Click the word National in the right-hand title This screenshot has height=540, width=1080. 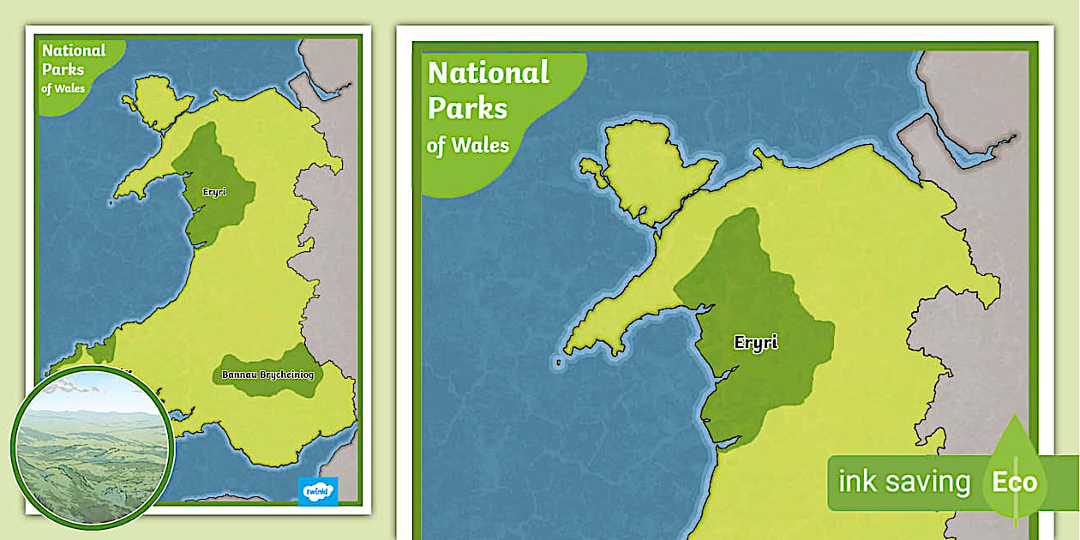click(488, 73)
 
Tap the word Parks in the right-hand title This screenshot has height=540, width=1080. click(467, 109)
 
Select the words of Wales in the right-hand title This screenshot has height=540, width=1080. click(467, 144)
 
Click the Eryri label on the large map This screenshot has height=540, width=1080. click(755, 343)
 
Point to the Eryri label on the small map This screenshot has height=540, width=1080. click(214, 192)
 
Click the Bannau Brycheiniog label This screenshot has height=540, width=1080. click(267, 375)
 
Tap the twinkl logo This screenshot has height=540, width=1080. click(318, 490)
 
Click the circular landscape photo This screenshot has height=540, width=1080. click(93, 447)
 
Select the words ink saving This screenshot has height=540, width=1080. click(903, 482)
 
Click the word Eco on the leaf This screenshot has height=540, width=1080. click(1014, 482)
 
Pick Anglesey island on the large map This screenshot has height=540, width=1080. click(651, 168)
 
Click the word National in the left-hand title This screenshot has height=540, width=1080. click(74, 51)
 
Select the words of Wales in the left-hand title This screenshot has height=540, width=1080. click(63, 87)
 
